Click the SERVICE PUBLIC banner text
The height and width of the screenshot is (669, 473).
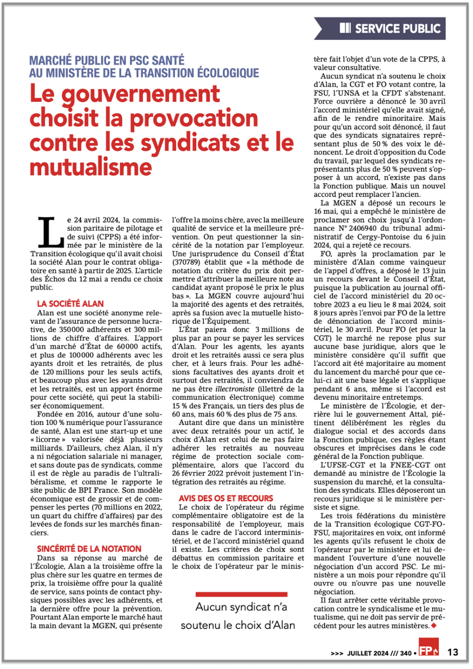click(x=398, y=29)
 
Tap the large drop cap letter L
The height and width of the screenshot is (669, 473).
click(x=48, y=232)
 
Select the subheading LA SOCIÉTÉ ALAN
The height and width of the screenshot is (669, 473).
click(x=70, y=304)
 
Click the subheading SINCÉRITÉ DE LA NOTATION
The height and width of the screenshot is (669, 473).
click(x=89, y=549)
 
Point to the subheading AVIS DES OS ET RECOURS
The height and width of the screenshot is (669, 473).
click(x=226, y=498)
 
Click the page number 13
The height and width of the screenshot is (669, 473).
click(x=452, y=652)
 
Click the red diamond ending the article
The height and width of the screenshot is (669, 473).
click(x=434, y=626)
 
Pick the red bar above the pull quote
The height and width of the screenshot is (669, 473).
click(x=238, y=594)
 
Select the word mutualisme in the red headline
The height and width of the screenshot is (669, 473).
click(x=91, y=167)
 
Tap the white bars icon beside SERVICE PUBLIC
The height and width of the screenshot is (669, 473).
click(x=345, y=28)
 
